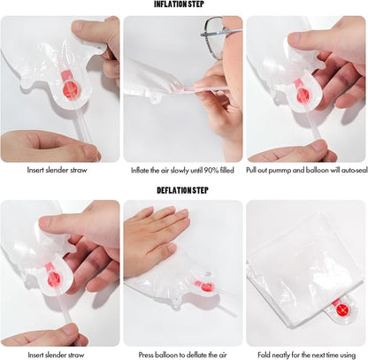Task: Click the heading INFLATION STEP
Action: [x=179, y=4]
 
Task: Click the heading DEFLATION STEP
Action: [x=182, y=190]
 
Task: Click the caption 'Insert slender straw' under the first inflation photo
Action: [x=57, y=170]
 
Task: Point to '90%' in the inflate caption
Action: [x=211, y=171]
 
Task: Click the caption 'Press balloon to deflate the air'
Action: [x=183, y=355]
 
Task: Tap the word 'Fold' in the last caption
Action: [x=264, y=355]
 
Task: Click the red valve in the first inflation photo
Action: [x=71, y=88]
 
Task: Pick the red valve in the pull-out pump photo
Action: [x=303, y=94]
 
